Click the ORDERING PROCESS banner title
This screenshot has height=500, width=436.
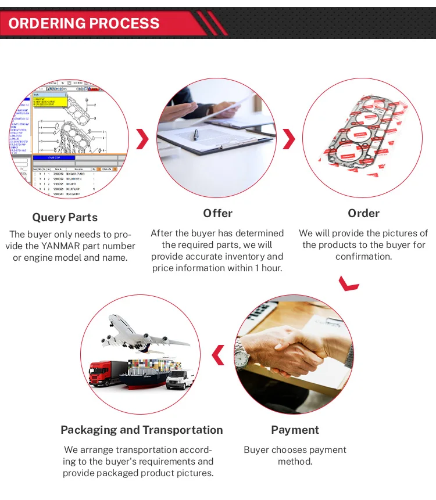84,24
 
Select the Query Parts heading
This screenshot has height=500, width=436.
65,218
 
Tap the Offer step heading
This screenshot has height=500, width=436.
218,213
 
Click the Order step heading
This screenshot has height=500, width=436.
364,213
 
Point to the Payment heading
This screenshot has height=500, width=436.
295,430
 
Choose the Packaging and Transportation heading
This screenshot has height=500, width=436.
142,430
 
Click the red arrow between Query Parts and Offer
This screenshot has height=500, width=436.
142,139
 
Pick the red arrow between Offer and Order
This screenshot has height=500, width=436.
289,139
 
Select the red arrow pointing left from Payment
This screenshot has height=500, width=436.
218,355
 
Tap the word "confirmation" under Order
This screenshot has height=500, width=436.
363,257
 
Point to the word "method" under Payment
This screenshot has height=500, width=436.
295,462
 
